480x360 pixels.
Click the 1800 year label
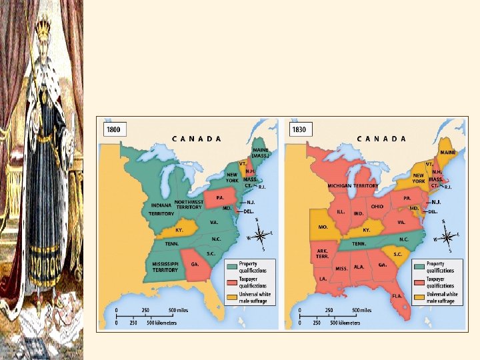[x=113, y=129]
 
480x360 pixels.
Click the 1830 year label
[x=299, y=129]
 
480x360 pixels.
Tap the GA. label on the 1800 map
[x=196, y=264]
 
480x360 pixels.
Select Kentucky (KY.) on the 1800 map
[x=179, y=229]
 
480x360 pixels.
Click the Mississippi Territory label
[x=165, y=267]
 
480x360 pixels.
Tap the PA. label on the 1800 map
[x=219, y=198]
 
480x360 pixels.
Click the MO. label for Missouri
[x=323, y=227]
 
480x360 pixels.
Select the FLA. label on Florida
[x=397, y=295]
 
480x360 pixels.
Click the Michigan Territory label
[x=353, y=185]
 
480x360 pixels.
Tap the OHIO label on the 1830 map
[x=377, y=206]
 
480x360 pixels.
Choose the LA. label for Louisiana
[x=323, y=278]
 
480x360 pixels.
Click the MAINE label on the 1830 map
[x=448, y=153]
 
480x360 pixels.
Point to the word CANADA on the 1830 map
[x=381, y=139]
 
